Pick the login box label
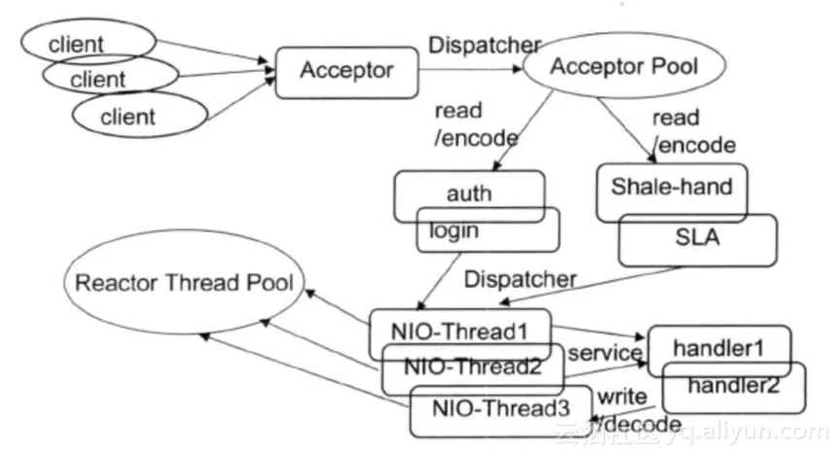(x=454, y=231)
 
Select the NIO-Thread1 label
(x=459, y=331)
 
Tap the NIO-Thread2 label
(x=473, y=367)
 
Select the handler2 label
(x=733, y=385)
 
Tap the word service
(x=605, y=353)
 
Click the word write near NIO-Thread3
(x=622, y=397)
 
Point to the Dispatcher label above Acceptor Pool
(x=485, y=45)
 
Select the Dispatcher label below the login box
(x=521, y=279)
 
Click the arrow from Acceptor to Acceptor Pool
(x=471, y=69)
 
